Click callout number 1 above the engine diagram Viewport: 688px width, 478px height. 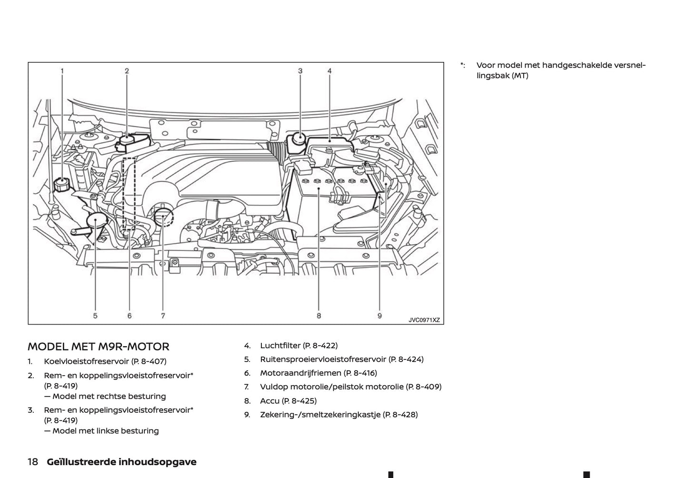click(x=62, y=71)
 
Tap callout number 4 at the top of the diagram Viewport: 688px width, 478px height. click(x=329, y=71)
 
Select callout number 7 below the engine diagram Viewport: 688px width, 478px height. click(x=163, y=316)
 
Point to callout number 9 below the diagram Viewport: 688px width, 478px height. click(x=379, y=316)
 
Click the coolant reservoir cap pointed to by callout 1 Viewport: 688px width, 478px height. click(x=62, y=184)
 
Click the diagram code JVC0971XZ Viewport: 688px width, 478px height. click(x=424, y=320)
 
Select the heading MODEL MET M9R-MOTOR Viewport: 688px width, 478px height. click(x=99, y=347)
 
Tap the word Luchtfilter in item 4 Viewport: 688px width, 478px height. click(x=280, y=346)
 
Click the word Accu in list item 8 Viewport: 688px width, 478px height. click(x=269, y=401)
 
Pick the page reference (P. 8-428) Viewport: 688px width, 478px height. click(x=400, y=415)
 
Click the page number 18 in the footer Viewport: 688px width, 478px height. click(x=33, y=462)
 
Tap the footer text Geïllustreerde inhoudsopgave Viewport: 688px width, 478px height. click(x=121, y=462)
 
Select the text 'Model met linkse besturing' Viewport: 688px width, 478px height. click(x=105, y=431)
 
